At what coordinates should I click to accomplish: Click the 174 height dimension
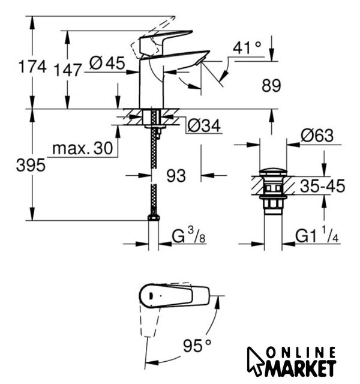pyautogui.click(x=32, y=67)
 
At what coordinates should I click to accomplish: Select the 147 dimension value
pyautogui.click(x=67, y=70)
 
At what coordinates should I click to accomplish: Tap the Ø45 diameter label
pyautogui.click(x=107, y=63)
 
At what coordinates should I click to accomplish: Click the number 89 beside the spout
pyautogui.click(x=271, y=86)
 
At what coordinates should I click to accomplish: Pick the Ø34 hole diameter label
pyautogui.click(x=204, y=126)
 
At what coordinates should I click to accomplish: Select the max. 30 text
pyautogui.click(x=83, y=148)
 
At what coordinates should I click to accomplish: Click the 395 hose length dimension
pyautogui.click(x=31, y=165)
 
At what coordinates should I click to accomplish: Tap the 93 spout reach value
pyautogui.click(x=176, y=176)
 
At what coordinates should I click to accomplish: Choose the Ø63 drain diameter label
pyautogui.click(x=317, y=136)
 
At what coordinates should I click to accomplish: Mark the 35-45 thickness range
pyautogui.click(x=323, y=186)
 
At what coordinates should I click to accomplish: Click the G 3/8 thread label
pyautogui.click(x=188, y=235)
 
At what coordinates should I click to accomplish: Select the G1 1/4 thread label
pyautogui.click(x=317, y=235)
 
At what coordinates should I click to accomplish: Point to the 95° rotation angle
pyautogui.click(x=197, y=346)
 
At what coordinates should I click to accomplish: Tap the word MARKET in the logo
pyautogui.click(x=300, y=368)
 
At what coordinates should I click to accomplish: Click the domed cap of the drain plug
pyautogui.click(x=273, y=172)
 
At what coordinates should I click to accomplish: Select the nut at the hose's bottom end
pyautogui.click(x=154, y=217)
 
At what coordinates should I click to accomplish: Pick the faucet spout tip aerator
pyautogui.click(x=200, y=61)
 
